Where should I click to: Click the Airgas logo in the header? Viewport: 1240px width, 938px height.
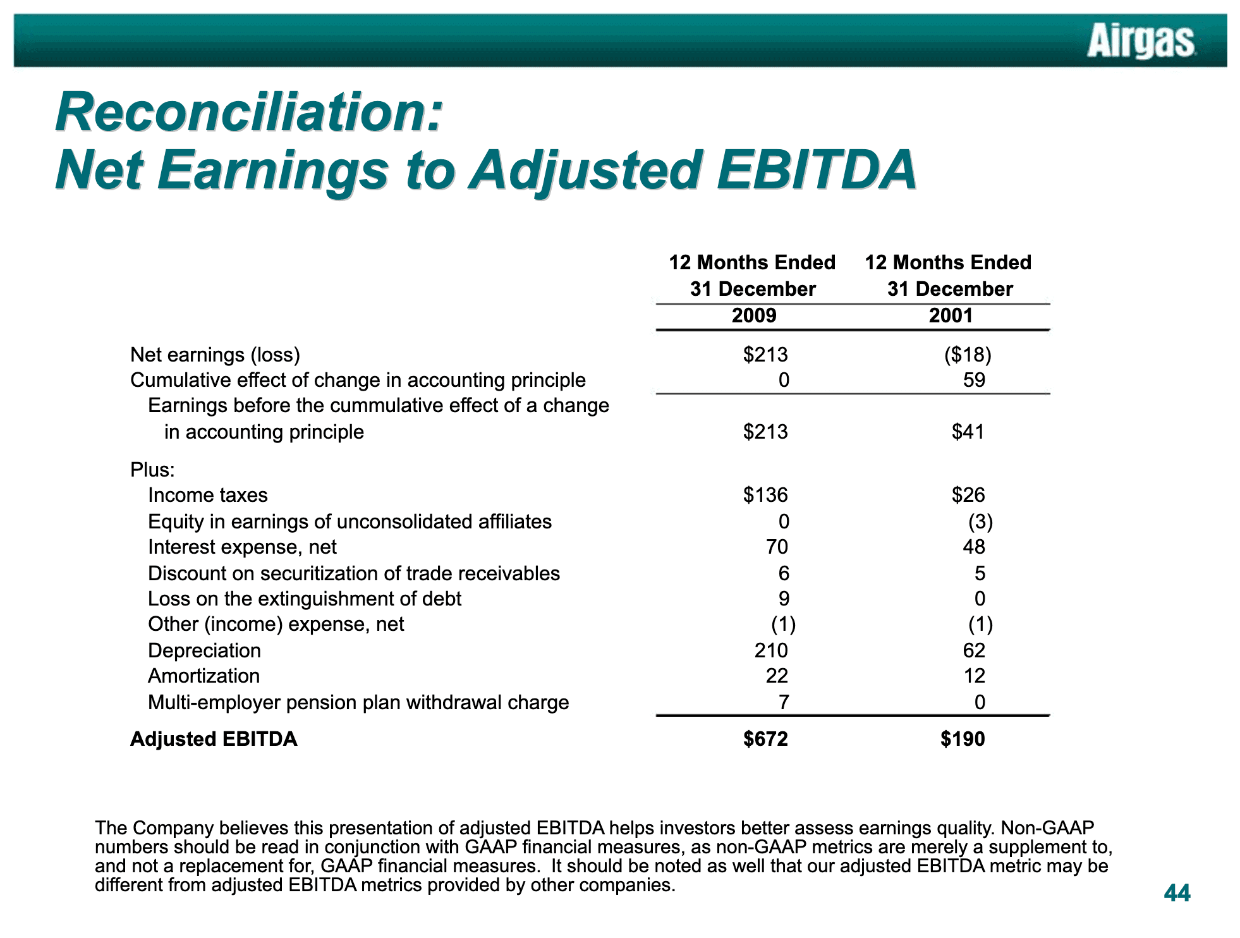tap(1141, 41)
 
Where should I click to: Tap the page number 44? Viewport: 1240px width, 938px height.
tap(1177, 893)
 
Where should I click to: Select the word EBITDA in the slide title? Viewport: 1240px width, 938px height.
tap(817, 170)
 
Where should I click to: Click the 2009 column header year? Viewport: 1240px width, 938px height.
tap(754, 315)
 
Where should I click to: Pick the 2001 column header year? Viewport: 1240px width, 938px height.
tap(951, 315)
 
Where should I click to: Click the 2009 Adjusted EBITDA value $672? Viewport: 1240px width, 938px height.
tap(765, 739)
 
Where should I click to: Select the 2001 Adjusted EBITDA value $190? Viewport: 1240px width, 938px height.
tap(963, 739)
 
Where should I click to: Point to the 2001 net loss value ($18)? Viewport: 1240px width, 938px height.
tap(968, 355)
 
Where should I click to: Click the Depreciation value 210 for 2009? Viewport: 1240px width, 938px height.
tap(771, 650)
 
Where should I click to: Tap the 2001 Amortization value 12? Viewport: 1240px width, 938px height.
tap(974, 676)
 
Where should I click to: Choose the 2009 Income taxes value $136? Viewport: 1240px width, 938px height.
tap(765, 495)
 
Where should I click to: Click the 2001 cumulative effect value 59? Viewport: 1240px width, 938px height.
tap(974, 380)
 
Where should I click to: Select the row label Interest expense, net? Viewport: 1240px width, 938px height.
tap(242, 547)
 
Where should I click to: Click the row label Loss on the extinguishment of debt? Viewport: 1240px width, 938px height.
tap(305, 599)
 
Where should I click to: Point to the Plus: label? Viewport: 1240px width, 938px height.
tap(152, 470)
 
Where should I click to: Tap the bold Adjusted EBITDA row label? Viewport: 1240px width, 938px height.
tap(214, 739)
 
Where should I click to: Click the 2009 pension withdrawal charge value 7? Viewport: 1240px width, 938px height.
tap(783, 702)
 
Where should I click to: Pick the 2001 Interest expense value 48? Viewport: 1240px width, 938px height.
tap(974, 547)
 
